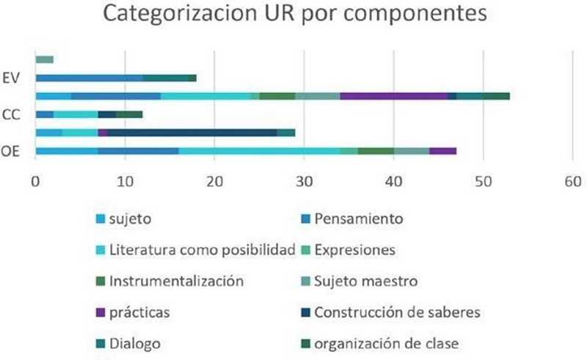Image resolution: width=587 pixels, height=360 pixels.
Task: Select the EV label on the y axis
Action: (13, 77)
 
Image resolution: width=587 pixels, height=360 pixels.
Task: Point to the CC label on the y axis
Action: (13, 114)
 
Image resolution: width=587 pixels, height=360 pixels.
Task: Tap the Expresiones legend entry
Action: (354, 249)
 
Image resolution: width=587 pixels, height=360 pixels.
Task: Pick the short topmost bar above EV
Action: (44, 59)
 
